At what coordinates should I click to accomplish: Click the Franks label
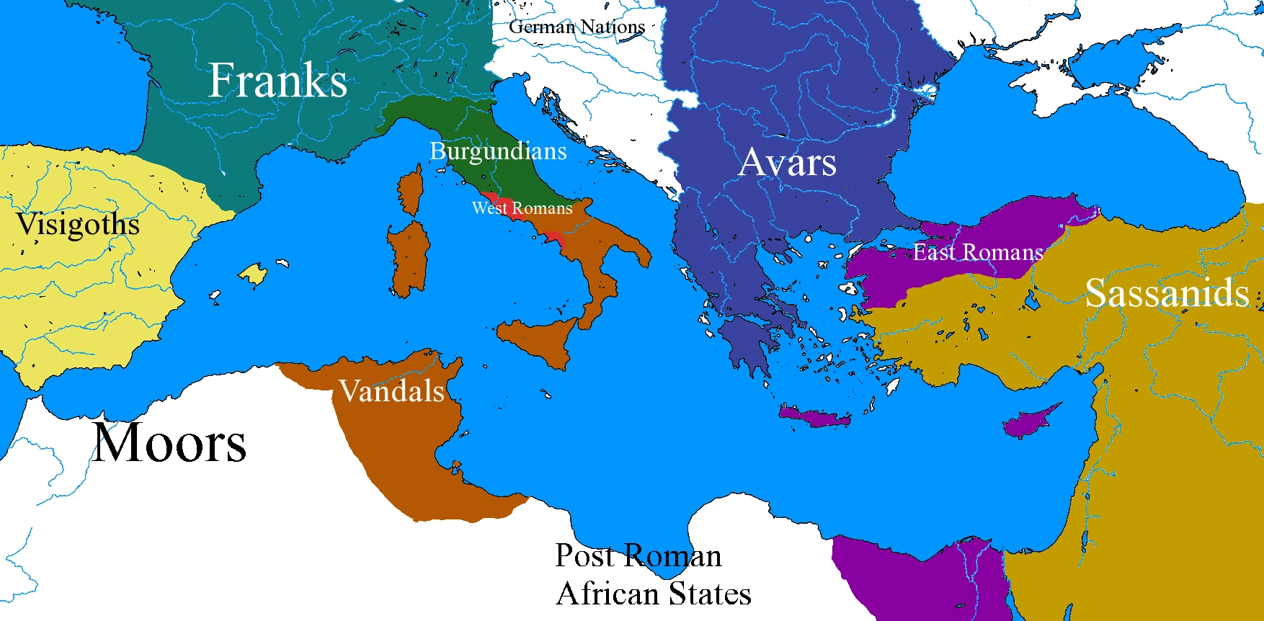[277, 80]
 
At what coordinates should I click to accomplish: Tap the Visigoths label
[78, 225]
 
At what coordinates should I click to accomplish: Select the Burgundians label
[498, 151]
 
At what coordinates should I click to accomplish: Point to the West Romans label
[522, 208]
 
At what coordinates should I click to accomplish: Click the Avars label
[788, 162]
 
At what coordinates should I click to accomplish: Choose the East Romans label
[978, 252]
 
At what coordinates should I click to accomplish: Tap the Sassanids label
[1167, 293]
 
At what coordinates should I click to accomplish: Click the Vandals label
[392, 391]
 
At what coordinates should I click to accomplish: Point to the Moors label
[170, 443]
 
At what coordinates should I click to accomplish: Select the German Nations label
[577, 27]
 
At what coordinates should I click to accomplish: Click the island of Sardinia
[409, 256]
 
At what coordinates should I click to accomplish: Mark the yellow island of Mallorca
[253, 274]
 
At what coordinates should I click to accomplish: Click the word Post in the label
[584, 556]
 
